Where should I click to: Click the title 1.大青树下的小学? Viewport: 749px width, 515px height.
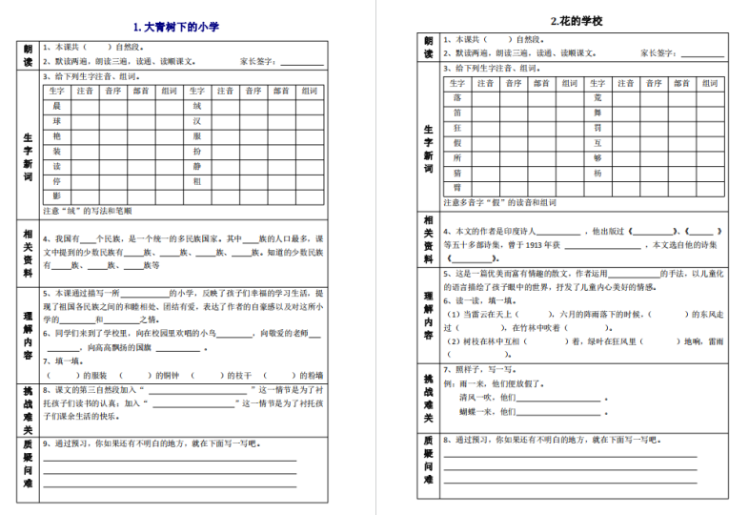click(x=176, y=27)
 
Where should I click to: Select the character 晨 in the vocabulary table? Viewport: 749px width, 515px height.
click(x=57, y=106)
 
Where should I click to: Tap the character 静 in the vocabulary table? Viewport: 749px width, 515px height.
click(x=197, y=165)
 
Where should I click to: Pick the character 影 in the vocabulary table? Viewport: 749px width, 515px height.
click(x=57, y=196)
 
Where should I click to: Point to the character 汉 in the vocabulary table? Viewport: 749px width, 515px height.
click(x=197, y=121)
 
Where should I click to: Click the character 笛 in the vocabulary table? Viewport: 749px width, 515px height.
click(x=457, y=113)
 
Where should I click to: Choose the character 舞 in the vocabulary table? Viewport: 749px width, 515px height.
click(x=597, y=113)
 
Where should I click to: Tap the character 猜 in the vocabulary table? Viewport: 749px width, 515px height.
click(x=457, y=173)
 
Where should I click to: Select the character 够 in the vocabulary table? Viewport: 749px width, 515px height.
click(x=597, y=157)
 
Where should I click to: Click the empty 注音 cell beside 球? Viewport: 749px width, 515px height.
click(x=85, y=121)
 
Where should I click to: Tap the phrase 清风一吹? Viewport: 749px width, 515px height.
click(x=476, y=398)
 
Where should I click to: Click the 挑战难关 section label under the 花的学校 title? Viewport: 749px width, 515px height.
click(x=428, y=397)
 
